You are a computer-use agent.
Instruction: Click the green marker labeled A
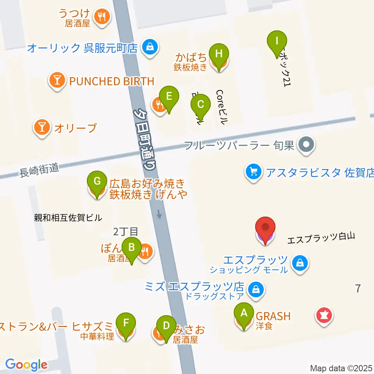[x=244, y=313]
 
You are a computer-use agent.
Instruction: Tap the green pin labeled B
[x=132, y=247]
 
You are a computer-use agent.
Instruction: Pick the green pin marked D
[x=166, y=325]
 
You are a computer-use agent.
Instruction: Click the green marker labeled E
[x=169, y=96]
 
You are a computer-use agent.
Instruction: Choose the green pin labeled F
[x=126, y=323]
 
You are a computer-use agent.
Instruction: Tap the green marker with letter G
[x=97, y=181]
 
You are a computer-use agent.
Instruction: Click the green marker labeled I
[x=277, y=41]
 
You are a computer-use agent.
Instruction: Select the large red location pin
[x=266, y=228]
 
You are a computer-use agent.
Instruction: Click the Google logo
[x=26, y=365]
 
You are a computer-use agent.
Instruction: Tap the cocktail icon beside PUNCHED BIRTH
[x=57, y=81]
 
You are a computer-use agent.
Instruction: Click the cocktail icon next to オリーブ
[x=42, y=127]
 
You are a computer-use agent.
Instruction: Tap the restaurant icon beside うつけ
[x=102, y=16]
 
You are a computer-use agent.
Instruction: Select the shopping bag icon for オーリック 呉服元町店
[x=149, y=48]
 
